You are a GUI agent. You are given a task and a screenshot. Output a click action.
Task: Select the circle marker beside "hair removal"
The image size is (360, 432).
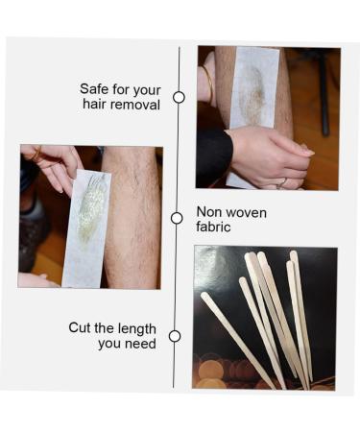179,97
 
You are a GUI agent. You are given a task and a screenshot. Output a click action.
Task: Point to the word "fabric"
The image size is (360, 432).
214,228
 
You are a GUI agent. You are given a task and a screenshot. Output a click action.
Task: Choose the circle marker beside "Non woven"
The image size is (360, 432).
177,218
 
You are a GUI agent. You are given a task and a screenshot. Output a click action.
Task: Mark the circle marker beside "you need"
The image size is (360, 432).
175,336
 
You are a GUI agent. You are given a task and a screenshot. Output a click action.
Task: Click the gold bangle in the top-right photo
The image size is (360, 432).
208,84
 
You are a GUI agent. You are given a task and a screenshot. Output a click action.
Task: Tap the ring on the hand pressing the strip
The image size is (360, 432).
281,180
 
